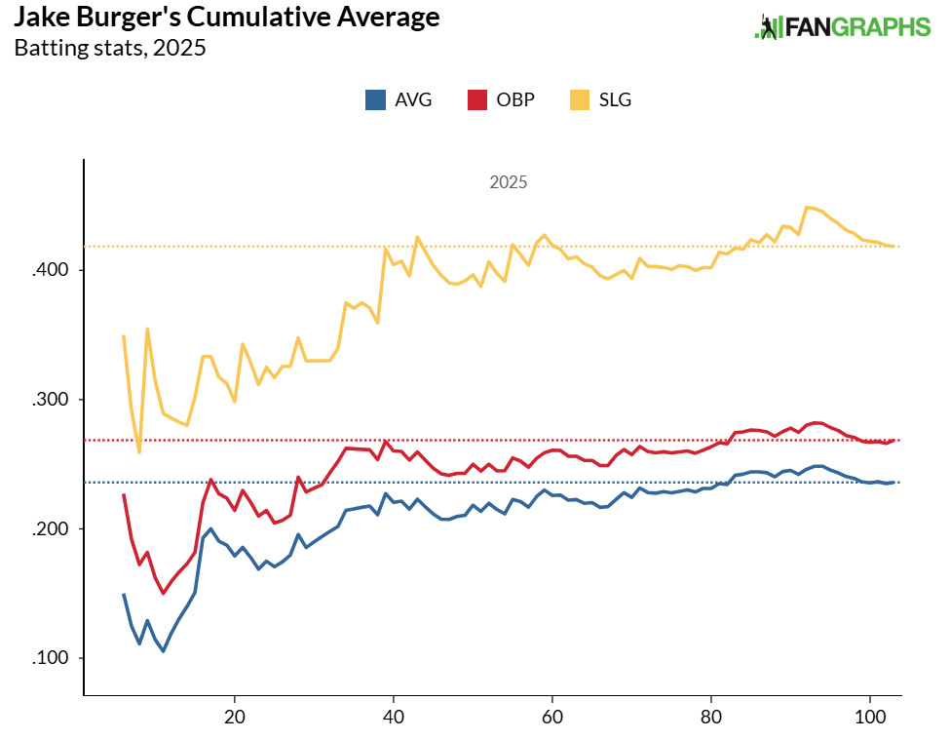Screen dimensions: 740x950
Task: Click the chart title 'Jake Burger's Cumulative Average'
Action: (226, 18)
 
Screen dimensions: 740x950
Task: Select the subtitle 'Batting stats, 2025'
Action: (110, 48)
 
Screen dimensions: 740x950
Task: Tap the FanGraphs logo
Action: (843, 27)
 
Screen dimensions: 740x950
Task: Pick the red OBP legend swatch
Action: (477, 99)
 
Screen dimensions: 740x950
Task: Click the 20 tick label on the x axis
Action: (234, 715)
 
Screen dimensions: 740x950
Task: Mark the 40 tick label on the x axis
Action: (393, 715)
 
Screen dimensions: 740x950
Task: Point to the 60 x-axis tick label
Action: (551, 715)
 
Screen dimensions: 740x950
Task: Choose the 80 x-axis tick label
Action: (710, 715)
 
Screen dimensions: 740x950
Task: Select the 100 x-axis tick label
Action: (869, 715)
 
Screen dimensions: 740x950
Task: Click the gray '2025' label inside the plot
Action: (508, 182)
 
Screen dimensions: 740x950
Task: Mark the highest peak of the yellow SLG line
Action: (807, 207)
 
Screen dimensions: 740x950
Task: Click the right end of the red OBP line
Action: (893, 440)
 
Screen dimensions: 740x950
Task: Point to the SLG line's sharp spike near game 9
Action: (147, 329)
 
